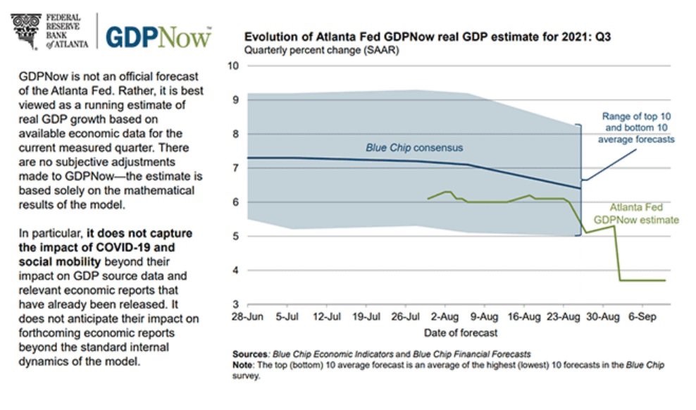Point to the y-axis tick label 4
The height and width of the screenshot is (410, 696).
pyautogui.click(x=236, y=271)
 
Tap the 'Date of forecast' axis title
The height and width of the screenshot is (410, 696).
pyautogui.click(x=461, y=333)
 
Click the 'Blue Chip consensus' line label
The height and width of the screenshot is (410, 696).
pyautogui.click(x=414, y=148)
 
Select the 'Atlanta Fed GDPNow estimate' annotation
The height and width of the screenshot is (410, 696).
pyautogui.click(x=635, y=213)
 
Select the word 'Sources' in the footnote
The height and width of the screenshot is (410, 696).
pyautogui.click(x=250, y=354)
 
